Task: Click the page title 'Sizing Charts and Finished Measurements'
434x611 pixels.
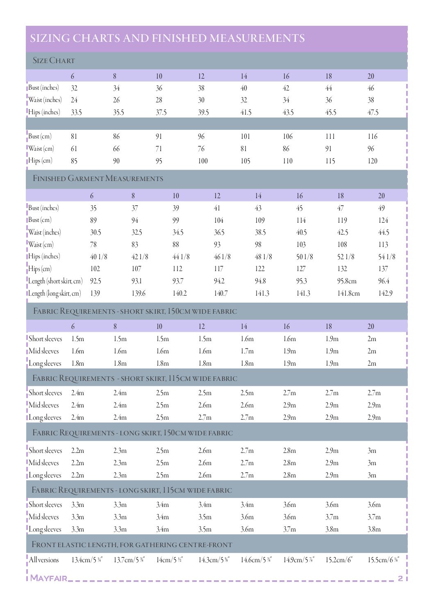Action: pos(167,38)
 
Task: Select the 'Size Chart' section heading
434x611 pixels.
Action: pos(54,61)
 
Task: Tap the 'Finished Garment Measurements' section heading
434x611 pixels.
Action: pos(98,179)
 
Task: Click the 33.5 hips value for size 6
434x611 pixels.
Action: pos(76,112)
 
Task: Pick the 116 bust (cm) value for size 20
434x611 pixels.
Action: pos(372,136)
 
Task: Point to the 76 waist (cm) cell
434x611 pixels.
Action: pos(201,149)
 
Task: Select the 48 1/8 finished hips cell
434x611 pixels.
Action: pos(263,257)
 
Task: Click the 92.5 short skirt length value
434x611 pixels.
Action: pos(95,281)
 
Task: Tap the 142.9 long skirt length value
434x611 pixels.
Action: pos(385,294)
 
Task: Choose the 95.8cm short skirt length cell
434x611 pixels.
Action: pos(347,281)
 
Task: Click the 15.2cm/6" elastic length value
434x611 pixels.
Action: pos(339,560)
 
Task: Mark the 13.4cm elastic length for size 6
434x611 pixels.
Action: pos(87,560)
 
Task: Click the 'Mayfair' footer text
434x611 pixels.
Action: pos(48,578)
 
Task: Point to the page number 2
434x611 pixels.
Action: pos(400,578)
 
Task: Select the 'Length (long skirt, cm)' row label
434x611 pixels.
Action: pos(55,294)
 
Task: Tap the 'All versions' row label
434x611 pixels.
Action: pos(44,560)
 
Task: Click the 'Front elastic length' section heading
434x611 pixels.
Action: pos(132,545)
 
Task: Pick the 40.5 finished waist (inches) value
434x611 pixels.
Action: pos(301,233)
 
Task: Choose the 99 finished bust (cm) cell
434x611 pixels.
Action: pos(176,220)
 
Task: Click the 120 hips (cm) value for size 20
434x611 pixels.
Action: pos(372,161)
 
